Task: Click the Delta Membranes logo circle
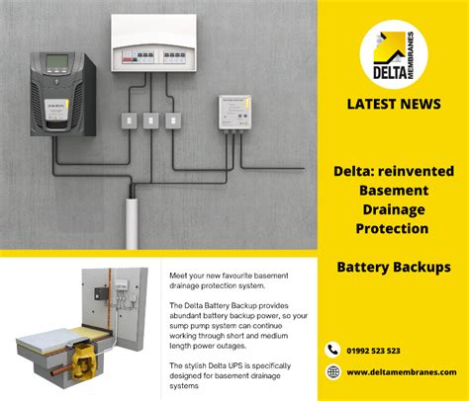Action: coord(394,54)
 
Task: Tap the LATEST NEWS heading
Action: coord(394,104)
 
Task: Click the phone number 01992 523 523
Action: coord(373,351)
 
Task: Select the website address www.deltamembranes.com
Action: coord(402,372)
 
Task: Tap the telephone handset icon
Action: coord(332,350)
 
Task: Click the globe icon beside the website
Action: coord(333,372)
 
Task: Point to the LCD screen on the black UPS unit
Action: coord(57,61)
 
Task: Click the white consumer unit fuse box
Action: coord(153,42)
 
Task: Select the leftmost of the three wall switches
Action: coord(129,120)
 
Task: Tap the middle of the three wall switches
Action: coord(150,120)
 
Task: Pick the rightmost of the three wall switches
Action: coord(173,120)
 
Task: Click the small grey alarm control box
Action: coord(234,113)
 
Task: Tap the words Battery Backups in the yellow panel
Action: coord(394,267)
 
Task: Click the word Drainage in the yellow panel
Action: coord(394,209)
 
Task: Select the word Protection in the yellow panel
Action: coord(392,228)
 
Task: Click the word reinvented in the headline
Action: coord(416,171)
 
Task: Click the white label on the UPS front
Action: coord(56,110)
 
